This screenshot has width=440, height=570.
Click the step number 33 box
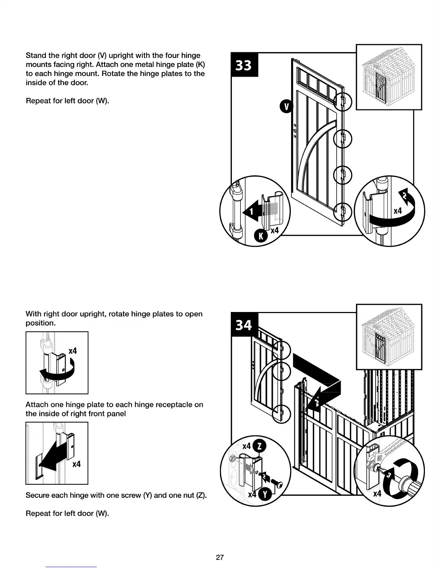pyautogui.click(x=244, y=65)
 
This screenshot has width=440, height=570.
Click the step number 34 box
pyautogui.click(x=244, y=325)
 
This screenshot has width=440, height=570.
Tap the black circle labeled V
pyautogui.click(x=287, y=107)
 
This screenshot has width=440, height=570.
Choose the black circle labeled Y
pyautogui.click(x=265, y=494)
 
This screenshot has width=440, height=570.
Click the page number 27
pyautogui.click(x=220, y=557)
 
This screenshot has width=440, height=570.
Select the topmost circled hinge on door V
pyautogui.click(x=343, y=102)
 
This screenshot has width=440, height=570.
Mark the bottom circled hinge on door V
pyautogui.click(x=343, y=212)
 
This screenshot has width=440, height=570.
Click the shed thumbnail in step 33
pyautogui.click(x=389, y=77)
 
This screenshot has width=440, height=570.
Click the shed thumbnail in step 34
pyautogui.click(x=389, y=337)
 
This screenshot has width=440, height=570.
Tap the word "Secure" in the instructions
pyautogui.click(x=37, y=495)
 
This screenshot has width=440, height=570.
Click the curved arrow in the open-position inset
pyautogui.click(x=58, y=372)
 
